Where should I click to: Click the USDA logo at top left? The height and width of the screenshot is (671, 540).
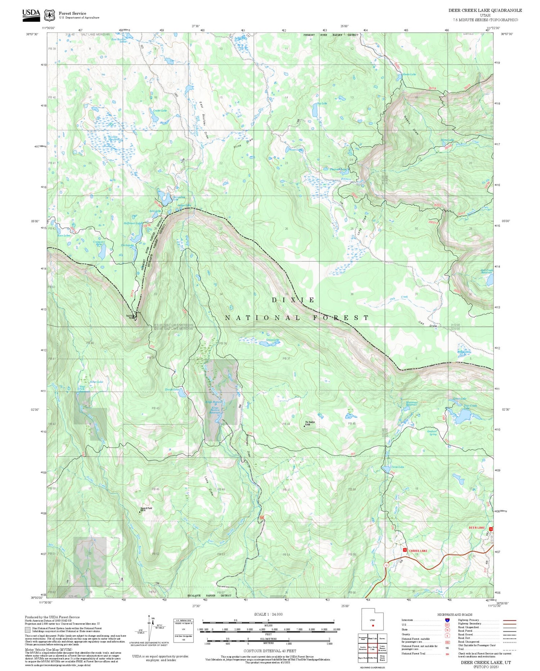click(31, 15)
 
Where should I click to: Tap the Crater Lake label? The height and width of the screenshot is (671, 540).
click(160, 111)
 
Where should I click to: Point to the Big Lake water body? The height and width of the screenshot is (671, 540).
click(315, 112)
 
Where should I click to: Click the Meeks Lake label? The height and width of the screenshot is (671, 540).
click(409, 74)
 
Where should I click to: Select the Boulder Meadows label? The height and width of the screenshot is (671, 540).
click(114, 138)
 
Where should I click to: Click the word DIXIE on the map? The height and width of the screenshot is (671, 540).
click(293, 300)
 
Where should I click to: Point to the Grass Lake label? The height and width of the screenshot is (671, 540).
click(273, 340)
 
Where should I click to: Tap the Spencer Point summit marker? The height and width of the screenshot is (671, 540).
click(140, 511)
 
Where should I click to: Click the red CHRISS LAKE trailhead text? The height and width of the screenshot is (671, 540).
click(418, 551)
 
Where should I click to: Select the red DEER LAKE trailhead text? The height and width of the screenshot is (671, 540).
click(477, 528)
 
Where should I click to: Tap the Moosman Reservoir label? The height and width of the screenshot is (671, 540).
click(411, 403)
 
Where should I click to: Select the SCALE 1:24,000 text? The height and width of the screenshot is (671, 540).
click(268, 614)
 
